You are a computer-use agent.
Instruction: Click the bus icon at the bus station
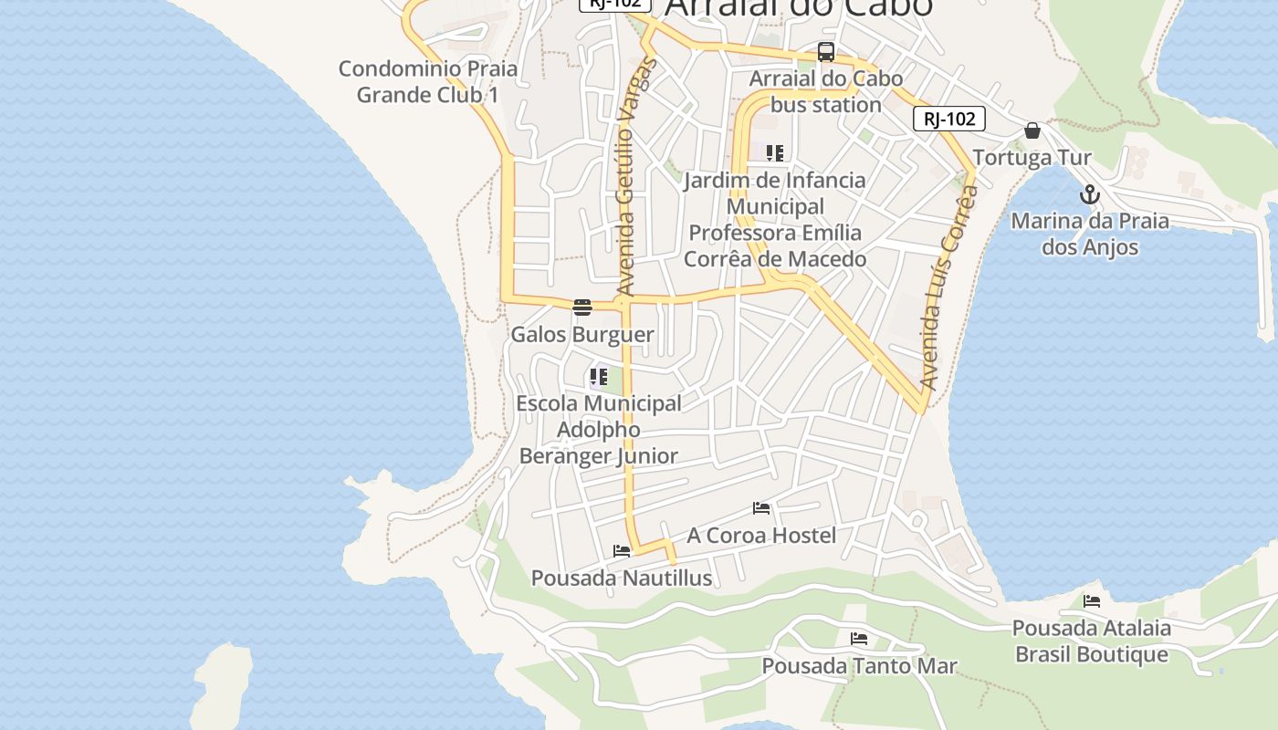[826, 52]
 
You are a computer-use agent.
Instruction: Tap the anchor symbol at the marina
[1089, 194]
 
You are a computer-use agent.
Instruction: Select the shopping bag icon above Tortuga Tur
[1032, 130]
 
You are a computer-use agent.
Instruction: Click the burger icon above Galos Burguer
[582, 308]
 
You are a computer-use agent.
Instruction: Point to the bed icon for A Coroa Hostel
[761, 508]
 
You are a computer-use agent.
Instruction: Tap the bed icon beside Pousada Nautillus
[622, 551]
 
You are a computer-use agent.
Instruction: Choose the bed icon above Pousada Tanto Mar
[858, 639]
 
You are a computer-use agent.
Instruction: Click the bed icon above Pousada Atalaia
[1092, 601]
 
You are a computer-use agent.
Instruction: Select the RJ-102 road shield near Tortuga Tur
[949, 119]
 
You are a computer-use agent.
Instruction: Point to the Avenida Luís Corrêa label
[949, 287]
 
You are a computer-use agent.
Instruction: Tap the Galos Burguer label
[582, 335]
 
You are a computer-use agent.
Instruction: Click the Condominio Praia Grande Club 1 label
[427, 81]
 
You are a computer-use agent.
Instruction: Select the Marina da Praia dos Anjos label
[1090, 234]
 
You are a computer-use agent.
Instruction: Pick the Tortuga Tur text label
[1032, 158]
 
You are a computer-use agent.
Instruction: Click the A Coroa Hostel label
[761, 536]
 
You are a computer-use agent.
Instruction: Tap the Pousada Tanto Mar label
[859, 666]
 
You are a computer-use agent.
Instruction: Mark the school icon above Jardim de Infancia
[774, 152]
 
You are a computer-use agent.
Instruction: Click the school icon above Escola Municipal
[599, 376]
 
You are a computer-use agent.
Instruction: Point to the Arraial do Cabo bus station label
[826, 91]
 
